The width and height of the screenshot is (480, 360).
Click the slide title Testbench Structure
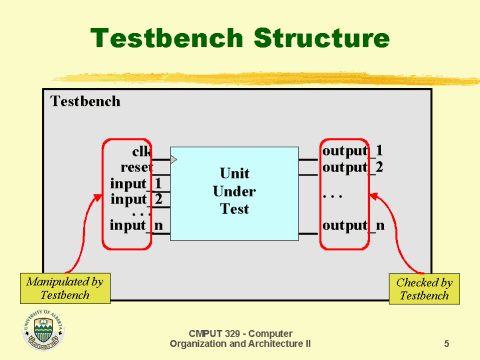pyautogui.click(x=239, y=39)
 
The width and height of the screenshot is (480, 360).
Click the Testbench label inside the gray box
pyautogui.click(x=85, y=101)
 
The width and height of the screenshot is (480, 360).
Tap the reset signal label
pyautogui.click(x=136, y=168)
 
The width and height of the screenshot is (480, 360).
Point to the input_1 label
pyautogui.click(x=135, y=183)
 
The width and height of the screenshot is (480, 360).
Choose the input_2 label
pyautogui.click(x=135, y=198)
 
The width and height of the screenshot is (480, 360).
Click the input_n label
pyautogui.click(x=135, y=226)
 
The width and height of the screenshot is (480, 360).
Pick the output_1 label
pyautogui.click(x=352, y=151)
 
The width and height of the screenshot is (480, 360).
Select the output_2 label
pyautogui.click(x=352, y=166)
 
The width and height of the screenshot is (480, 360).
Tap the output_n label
pyautogui.click(x=352, y=226)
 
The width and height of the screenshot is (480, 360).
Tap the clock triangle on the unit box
pyautogui.click(x=173, y=160)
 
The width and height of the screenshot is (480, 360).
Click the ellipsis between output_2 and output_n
pyautogui.click(x=332, y=196)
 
